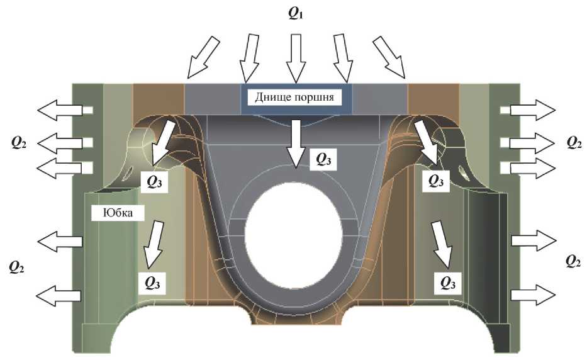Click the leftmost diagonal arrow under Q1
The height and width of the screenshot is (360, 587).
(x=204, y=57)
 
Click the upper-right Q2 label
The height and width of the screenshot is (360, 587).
(x=573, y=142)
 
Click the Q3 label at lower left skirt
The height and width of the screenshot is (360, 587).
(x=153, y=283)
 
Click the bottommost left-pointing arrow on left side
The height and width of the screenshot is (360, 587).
(x=60, y=294)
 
